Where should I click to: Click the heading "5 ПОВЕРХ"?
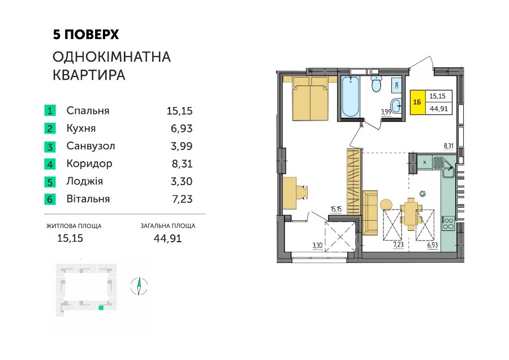86,35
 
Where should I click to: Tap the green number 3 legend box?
50,146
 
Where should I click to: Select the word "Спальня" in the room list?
88,111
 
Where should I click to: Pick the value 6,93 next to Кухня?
182,128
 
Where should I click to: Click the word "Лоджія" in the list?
84,181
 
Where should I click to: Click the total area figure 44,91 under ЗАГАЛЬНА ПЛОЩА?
167,238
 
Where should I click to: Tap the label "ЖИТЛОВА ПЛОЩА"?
74,226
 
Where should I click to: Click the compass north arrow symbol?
139,286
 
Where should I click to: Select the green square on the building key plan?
101,308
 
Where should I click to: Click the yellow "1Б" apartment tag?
417,102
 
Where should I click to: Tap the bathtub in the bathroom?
351,96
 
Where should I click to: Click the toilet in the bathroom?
376,84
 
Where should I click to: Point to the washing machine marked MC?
396,86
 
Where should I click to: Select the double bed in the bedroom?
310,98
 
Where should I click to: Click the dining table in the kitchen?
411,214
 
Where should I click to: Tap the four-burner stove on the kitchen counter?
448,223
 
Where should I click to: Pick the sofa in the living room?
370,212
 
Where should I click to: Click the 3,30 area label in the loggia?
317,246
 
